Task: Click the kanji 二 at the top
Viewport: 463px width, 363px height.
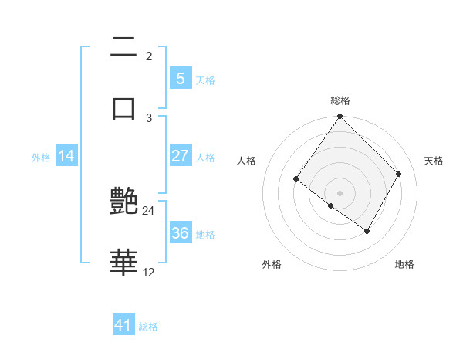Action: [x=123, y=48]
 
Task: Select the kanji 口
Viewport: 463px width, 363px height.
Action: [x=123, y=107]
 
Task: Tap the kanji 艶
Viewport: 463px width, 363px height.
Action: [x=123, y=202]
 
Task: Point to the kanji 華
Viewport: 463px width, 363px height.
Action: [x=123, y=263]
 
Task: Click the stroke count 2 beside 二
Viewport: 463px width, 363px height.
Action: [x=149, y=56]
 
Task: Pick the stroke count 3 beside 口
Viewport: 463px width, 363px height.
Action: [x=149, y=117]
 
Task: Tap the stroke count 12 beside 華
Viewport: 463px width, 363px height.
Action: [x=149, y=272]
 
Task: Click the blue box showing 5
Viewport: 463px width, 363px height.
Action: [x=180, y=78]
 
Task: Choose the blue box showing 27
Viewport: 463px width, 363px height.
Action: [x=180, y=155]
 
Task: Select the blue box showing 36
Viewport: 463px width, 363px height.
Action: [x=180, y=233]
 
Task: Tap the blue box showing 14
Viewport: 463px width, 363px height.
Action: [x=66, y=156]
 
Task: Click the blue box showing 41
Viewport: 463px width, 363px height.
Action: [x=123, y=325]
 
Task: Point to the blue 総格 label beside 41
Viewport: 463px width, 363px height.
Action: [x=148, y=327]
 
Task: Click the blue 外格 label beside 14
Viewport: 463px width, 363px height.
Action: [x=41, y=158]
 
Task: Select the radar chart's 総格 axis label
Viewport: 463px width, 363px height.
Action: [x=340, y=100]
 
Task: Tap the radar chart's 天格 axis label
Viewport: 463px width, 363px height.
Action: [x=434, y=161]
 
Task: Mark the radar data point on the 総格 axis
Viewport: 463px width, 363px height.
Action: [x=340, y=117]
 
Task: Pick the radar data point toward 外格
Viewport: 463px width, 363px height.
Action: [x=331, y=205]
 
